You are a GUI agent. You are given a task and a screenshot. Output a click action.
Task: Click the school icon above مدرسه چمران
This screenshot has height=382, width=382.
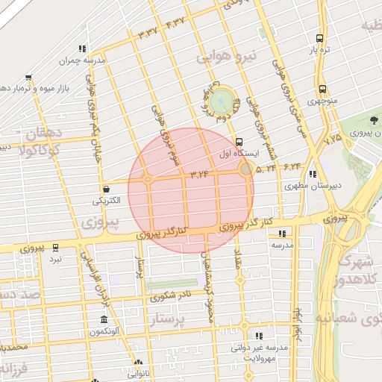tap(81, 48)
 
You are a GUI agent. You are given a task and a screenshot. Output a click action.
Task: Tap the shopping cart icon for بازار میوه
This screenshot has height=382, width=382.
tap(28, 77)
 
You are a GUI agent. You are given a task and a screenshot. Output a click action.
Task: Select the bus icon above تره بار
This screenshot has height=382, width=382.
tap(320, 38)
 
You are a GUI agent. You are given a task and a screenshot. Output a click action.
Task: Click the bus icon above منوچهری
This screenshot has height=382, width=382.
tap(322, 88)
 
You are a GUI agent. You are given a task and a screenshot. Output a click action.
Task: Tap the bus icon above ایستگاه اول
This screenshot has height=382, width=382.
tap(239, 142)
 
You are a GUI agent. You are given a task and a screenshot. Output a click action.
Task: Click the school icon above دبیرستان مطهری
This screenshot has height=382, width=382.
tap(312, 173)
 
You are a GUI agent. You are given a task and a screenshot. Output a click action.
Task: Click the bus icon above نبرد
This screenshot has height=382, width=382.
tap(54, 247)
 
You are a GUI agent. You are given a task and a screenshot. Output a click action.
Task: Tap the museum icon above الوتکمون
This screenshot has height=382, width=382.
tap(102, 320)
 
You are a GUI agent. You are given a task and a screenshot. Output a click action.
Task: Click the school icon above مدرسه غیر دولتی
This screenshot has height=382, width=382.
tap(258, 336)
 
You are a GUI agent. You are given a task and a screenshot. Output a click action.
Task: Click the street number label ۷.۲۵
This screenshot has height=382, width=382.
tap(333, 137)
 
